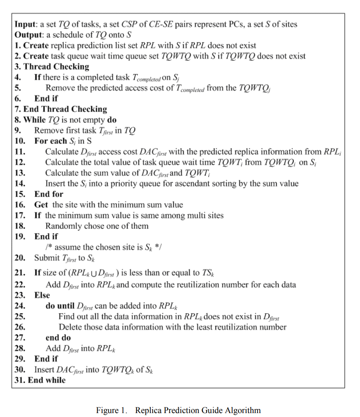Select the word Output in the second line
27,34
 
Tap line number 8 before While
17,119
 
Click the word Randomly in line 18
62,226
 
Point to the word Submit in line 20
47,258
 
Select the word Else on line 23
42,295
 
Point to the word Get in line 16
41,204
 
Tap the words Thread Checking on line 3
56,67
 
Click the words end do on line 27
58,338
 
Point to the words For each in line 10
48,141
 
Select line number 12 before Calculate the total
19,162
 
